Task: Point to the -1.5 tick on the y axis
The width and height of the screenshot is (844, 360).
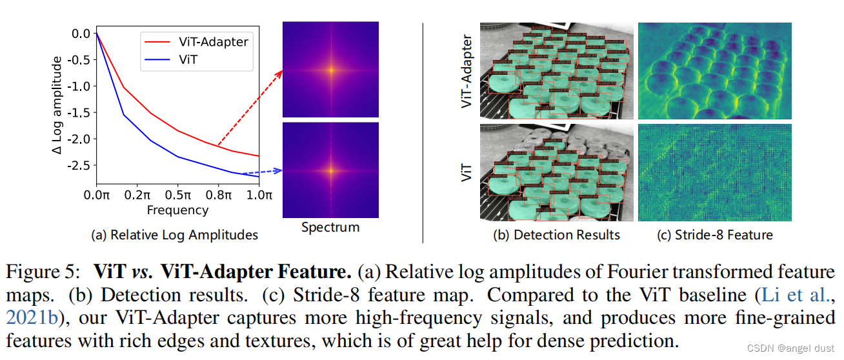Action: [81, 112]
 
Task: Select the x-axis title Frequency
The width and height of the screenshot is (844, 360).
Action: [177, 210]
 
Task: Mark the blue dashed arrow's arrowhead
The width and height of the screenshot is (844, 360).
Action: [279, 171]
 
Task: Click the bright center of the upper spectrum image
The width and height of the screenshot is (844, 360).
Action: [330, 70]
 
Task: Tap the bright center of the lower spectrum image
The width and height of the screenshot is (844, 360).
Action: [330, 171]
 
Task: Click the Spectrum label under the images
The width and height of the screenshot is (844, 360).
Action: [330, 227]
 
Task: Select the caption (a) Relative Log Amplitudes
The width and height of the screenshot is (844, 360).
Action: [176, 235]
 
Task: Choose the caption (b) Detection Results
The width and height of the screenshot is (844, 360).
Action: [556, 235]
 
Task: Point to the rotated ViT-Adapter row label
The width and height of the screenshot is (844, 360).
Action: [467, 71]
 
